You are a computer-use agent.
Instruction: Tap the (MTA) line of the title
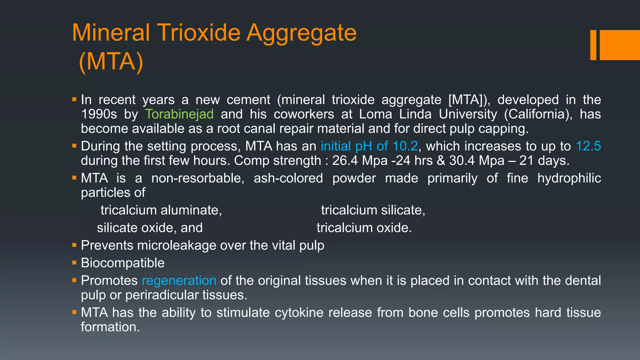(111, 62)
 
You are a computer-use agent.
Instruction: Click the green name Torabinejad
(179, 114)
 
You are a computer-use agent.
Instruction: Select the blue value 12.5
(588, 146)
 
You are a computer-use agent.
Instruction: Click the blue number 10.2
(405, 146)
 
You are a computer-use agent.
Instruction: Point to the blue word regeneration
(179, 281)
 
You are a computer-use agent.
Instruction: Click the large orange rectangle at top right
(620, 45)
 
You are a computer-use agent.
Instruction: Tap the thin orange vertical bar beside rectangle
(593, 45)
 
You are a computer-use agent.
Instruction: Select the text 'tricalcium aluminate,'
(161, 210)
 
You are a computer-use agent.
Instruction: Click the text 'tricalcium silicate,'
(373, 210)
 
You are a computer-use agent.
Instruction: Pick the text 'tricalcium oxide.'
(364, 228)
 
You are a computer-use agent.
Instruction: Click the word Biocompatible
(122, 263)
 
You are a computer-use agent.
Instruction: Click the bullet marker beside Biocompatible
(74, 262)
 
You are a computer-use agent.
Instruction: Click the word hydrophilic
(569, 178)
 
